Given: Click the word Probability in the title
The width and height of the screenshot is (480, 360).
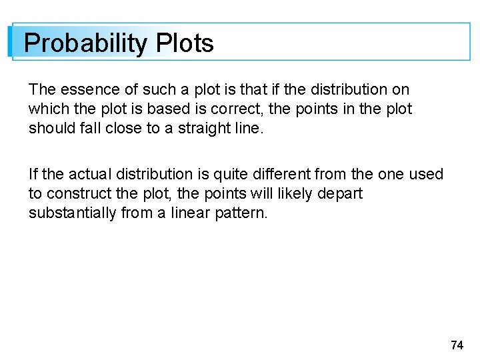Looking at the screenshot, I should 85,44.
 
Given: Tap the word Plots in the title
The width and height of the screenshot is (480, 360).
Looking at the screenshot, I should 185,44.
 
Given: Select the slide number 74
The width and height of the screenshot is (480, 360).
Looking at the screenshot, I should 457,345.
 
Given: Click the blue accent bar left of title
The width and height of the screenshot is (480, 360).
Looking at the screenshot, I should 10,42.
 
